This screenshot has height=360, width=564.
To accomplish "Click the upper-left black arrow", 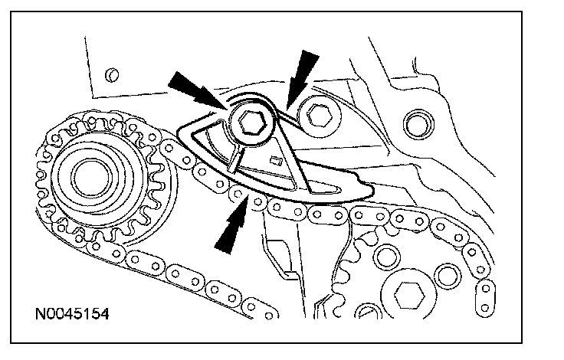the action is tap(192, 86).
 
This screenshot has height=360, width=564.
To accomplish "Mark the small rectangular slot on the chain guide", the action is tap(274, 160).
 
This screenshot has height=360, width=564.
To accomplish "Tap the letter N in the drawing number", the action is tap(38, 315).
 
